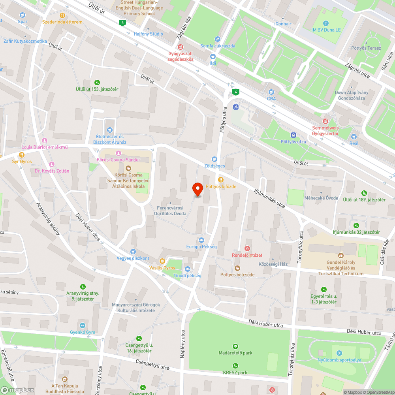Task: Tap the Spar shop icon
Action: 23,15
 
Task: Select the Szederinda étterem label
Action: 62,22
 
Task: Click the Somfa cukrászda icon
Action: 217,39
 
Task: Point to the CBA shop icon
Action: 271,92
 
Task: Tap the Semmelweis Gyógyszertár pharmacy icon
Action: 325,121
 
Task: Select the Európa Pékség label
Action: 201,247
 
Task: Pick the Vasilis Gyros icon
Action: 162,261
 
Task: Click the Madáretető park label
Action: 235,353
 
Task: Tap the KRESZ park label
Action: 235,372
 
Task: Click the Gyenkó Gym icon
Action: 83,325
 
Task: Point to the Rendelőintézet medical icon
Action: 247,248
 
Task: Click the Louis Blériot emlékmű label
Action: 45,148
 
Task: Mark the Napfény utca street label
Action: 183,344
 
